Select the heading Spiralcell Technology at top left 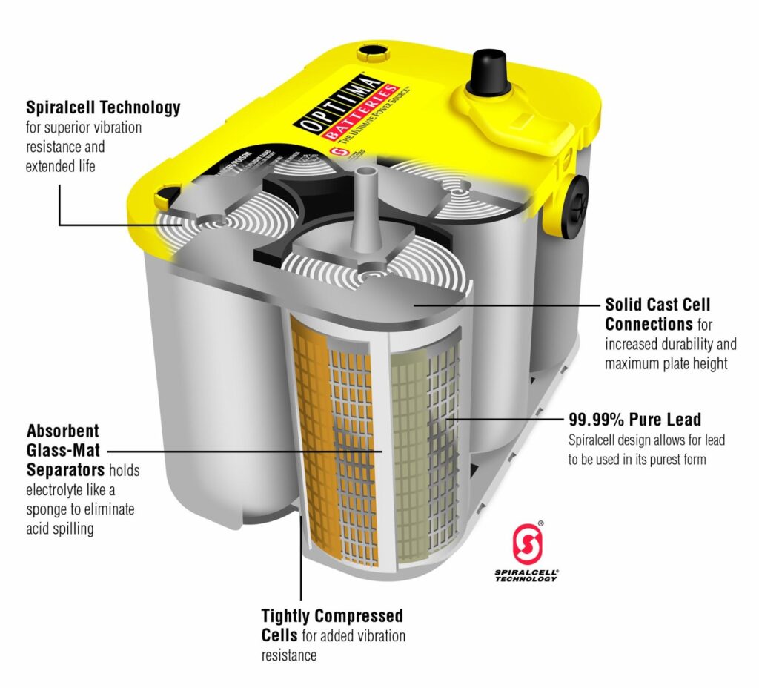103,107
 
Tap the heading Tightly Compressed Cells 332,626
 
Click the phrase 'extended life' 60,166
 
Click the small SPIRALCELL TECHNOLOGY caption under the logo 526,575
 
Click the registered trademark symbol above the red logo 540,524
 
